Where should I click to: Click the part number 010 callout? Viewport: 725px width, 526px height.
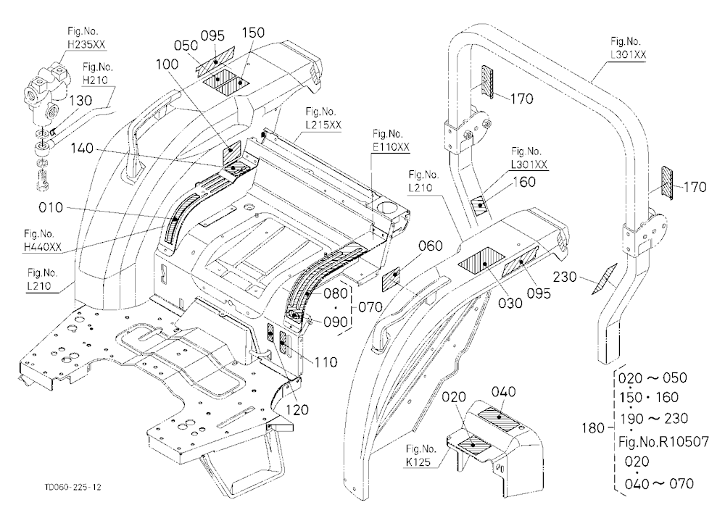pyautogui.click(x=51, y=207)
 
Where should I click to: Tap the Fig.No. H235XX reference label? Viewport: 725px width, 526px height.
pyautogui.click(x=86, y=38)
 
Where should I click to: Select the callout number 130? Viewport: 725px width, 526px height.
pyautogui.click(x=80, y=100)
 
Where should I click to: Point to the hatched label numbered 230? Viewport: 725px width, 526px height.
pyautogui.click(x=605, y=279)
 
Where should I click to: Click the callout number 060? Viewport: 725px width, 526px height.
pyautogui.click(x=431, y=246)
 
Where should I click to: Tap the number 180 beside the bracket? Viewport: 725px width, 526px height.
pyautogui.click(x=593, y=428)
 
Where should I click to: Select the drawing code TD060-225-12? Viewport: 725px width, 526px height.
pyautogui.click(x=73, y=487)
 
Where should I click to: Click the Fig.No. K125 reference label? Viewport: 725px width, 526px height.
pyautogui.click(x=420, y=455)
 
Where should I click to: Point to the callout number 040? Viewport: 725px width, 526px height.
pyautogui.click(x=504, y=392)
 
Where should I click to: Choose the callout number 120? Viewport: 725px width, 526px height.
pyautogui.click(x=297, y=409)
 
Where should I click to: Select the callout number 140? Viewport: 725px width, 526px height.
pyautogui.click(x=82, y=149)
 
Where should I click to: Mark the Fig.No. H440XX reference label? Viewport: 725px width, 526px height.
pyautogui.click(x=43, y=241)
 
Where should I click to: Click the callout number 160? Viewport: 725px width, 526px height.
pyautogui.click(x=524, y=182)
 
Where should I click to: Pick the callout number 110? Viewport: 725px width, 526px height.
pyautogui.click(x=326, y=362)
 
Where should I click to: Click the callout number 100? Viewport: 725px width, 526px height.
pyautogui.click(x=167, y=64)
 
